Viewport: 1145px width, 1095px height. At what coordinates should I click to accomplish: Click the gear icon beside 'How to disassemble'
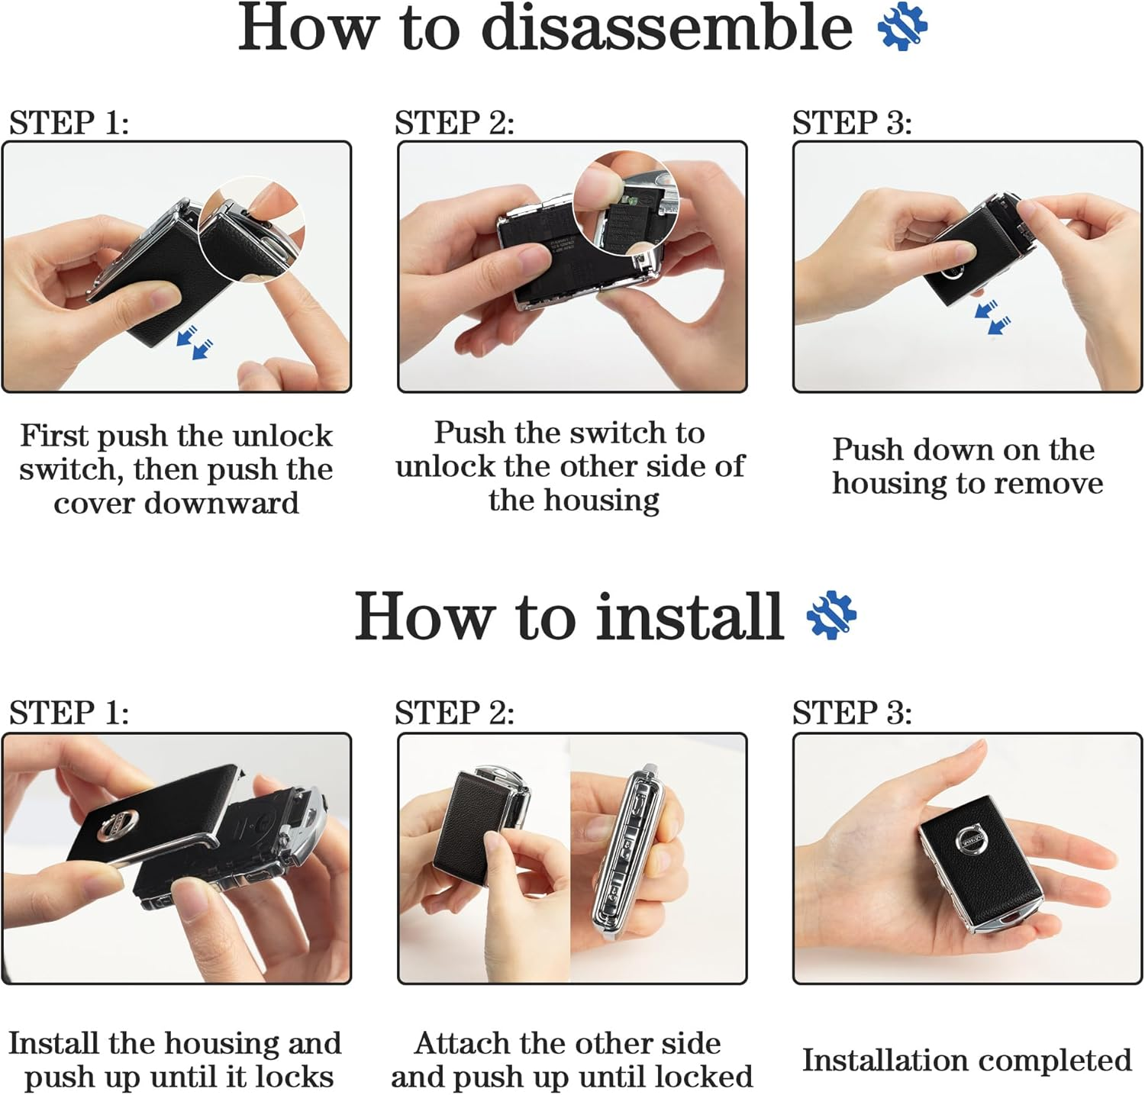[903, 27]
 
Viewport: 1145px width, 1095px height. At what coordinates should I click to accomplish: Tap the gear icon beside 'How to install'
[831, 616]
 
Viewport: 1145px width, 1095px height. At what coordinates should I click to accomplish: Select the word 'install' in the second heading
[690, 617]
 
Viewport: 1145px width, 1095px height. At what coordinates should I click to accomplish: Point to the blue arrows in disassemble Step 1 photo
[195, 341]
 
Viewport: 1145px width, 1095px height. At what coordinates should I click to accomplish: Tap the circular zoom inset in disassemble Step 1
[251, 229]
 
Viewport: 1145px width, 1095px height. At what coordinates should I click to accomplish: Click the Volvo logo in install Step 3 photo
[972, 841]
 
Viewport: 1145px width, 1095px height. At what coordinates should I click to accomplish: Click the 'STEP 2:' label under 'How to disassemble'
[454, 122]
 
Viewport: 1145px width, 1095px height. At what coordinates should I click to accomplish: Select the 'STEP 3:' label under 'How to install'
[852, 712]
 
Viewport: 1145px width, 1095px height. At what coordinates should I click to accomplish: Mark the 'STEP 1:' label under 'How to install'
[69, 712]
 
